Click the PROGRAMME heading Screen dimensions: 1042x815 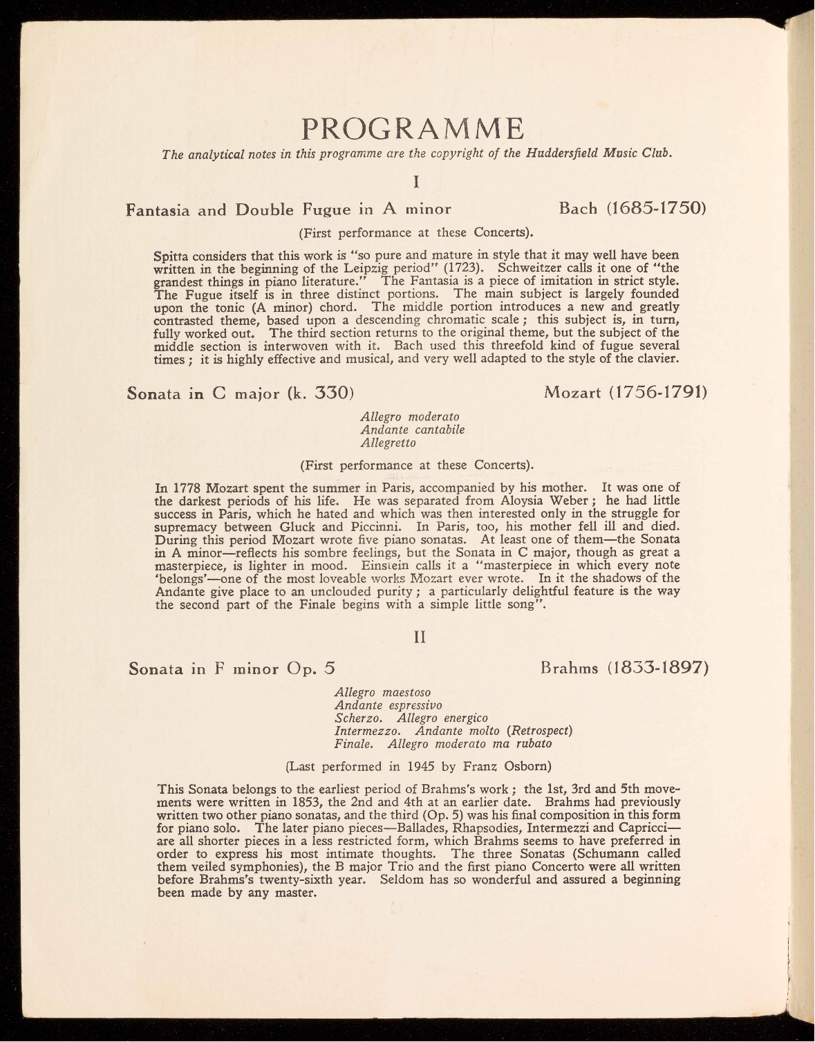(x=412, y=129)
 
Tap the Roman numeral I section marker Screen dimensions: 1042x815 (x=416, y=182)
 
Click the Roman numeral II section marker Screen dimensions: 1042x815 (x=419, y=638)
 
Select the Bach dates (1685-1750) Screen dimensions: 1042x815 (x=655, y=208)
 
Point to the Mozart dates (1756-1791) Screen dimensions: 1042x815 (x=659, y=393)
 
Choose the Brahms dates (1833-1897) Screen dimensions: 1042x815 (x=658, y=668)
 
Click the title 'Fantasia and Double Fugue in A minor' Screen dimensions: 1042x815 (x=289, y=210)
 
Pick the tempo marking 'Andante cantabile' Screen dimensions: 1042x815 (x=413, y=429)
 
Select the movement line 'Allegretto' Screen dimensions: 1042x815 (x=388, y=443)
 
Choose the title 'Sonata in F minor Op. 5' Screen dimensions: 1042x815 (x=232, y=669)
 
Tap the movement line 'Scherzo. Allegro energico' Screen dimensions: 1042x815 (x=411, y=718)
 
